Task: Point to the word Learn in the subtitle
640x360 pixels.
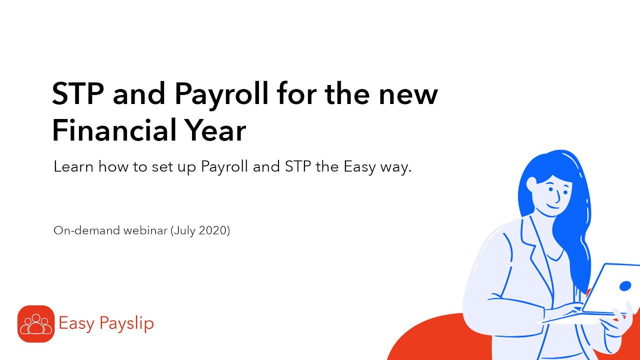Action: pyautogui.click(x=73, y=166)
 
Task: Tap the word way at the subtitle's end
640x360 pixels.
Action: pyautogui.click(x=397, y=167)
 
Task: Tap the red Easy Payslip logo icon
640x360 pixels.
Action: pyautogui.click(x=36, y=323)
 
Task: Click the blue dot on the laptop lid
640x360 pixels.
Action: pyautogui.click(x=625, y=286)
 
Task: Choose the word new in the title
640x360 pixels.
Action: pyautogui.click(x=408, y=94)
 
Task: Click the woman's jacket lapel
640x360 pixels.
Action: pyautogui.click(x=530, y=250)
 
